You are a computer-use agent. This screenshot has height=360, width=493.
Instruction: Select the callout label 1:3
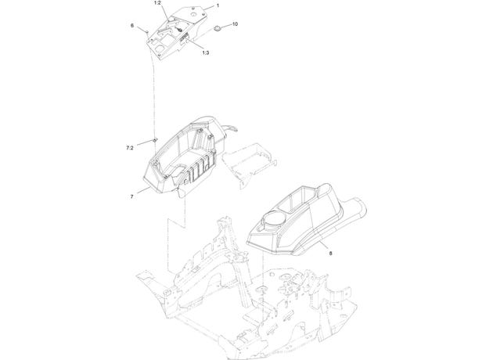tap(205, 52)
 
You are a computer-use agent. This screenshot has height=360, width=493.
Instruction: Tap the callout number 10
tap(235, 24)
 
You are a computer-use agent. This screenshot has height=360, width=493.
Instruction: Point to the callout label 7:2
tap(130, 148)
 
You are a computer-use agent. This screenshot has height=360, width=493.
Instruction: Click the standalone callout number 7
tap(131, 196)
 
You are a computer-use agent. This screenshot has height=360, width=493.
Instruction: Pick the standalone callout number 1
tap(218, 5)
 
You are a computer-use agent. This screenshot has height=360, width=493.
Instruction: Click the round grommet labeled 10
tap(217, 29)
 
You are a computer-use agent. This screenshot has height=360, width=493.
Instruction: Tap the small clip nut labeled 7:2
tap(155, 139)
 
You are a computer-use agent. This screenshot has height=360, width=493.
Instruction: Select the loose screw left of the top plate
tap(147, 31)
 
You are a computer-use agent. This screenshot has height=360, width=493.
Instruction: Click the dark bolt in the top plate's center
tap(179, 29)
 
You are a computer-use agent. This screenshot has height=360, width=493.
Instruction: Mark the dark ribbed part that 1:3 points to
tap(184, 38)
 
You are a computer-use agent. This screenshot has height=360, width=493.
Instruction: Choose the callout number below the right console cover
tap(330, 253)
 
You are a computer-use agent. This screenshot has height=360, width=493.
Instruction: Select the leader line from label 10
tap(226, 26)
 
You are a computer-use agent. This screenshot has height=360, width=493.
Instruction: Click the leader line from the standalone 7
tap(143, 191)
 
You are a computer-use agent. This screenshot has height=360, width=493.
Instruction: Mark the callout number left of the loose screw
tap(132, 26)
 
